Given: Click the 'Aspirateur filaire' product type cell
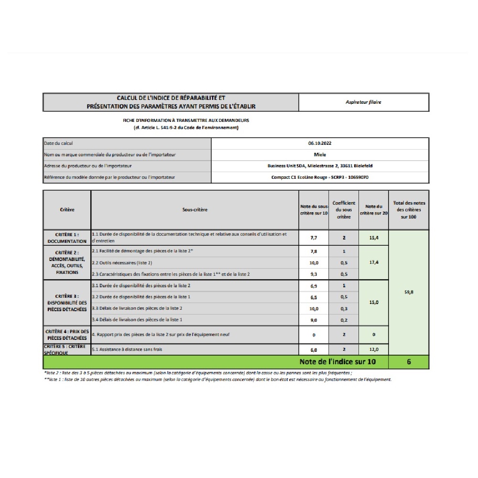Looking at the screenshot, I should pyautogui.click(x=363, y=102).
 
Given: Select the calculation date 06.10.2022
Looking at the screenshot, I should pyautogui.click(x=320, y=143).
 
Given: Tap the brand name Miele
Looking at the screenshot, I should pyautogui.click(x=320, y=154).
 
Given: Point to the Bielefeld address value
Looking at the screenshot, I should pyautogui.click(x=320, y=166).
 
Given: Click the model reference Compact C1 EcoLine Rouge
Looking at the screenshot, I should pyautogui.click(x=320, y=177).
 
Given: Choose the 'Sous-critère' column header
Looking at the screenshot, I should pyautogui.click(x=195, y=210).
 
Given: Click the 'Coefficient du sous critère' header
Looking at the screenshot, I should pyautogui.click(x=344, y=210).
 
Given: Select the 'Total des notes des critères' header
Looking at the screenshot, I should pyautogui.click(x=409, y=210).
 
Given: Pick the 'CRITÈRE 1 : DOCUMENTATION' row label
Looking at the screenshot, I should pyautogui.click(x=67, y=238).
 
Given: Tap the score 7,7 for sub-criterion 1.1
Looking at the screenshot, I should pyautogui.click(x=314, y=238).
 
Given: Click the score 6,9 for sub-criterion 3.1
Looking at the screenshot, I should pyautogui.click(x=314, y=286).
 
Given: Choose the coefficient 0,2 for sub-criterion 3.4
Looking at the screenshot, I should pyautogui.click(x=344, y=320).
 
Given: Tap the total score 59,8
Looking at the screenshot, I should pyautogui.click(x=409, y=292).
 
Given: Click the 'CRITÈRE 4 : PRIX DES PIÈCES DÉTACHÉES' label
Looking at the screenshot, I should pyautogui.click(x=67, y=334).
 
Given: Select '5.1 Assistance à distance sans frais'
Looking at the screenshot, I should pyautogui.click(x=127, y=350).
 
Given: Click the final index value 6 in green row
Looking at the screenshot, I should pyautogui.click(x=409, y=362).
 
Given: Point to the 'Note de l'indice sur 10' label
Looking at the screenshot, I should pyautogui.click(x=337, y=362).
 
